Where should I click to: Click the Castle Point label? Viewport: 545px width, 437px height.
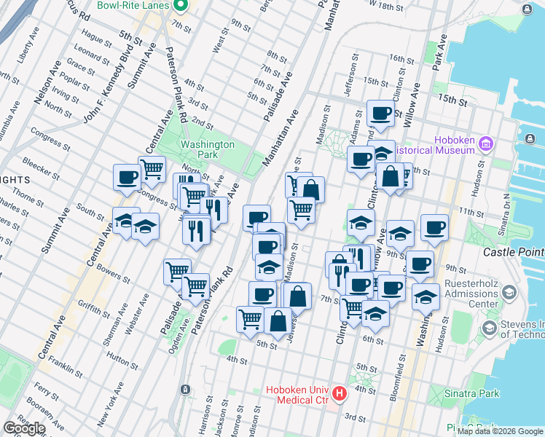[514, 251]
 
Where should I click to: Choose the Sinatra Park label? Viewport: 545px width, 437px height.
[472, 393]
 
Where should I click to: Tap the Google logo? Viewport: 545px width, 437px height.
[24, 429]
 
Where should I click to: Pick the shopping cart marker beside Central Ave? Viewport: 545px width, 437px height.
[152, 169]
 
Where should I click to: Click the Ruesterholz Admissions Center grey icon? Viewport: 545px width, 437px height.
[509, 294]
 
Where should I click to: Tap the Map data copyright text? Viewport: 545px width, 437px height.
[500, 431]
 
